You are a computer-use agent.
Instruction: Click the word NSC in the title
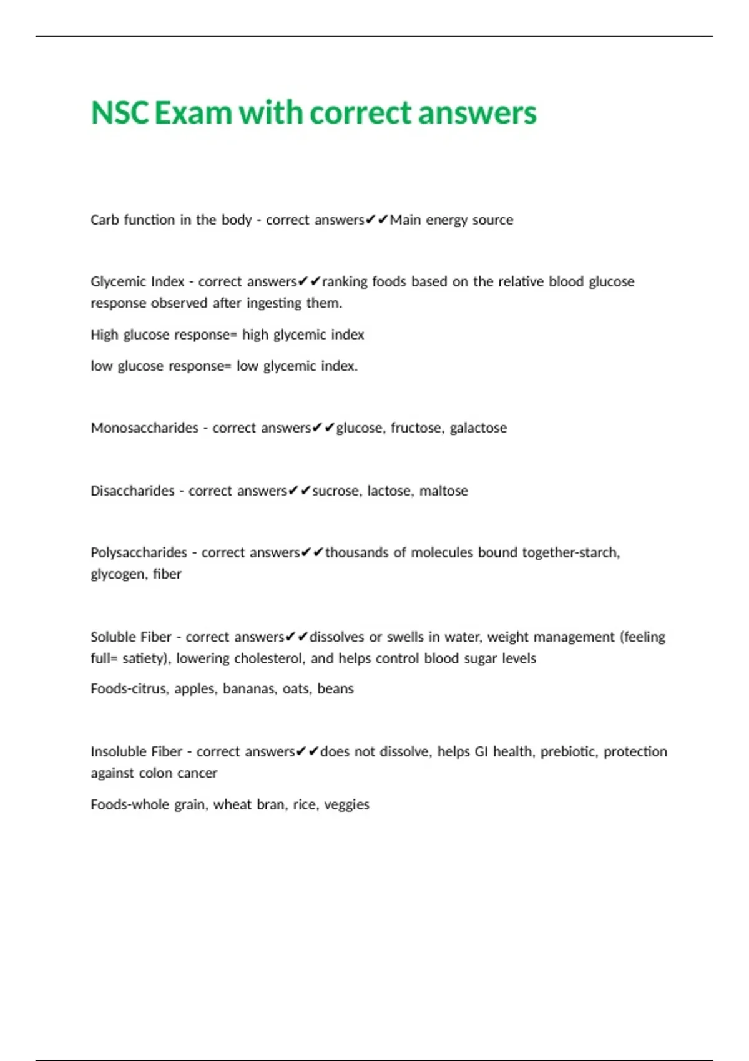(120, 113)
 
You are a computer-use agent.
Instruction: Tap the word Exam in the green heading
(193, 113)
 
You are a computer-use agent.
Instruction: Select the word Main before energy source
(405, 220)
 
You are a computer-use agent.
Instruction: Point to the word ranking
(345, 282)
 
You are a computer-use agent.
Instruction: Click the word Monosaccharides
(144, 428)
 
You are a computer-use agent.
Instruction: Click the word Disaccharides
(132, 491)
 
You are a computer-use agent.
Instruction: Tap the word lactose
(389, 491)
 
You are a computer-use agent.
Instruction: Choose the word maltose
(443, 491)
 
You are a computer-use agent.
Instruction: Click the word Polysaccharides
(139, 552)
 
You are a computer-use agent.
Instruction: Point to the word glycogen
(118, 574)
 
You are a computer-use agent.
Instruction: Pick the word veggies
(346, 805)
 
